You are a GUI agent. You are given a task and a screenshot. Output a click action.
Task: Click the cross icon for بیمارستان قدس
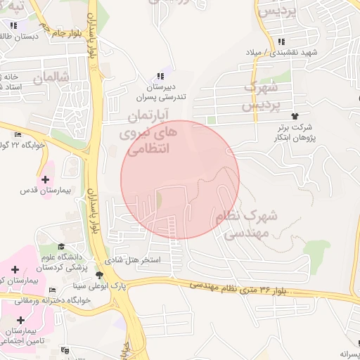point(46,179)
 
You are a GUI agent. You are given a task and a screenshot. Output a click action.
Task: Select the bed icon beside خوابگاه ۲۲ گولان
point(18,134)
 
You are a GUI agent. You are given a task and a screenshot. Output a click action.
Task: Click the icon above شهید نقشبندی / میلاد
point(282,41)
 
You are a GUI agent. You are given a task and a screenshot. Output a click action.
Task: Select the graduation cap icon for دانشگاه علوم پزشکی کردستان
point(61,247)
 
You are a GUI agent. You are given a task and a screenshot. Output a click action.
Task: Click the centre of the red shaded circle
point(180,179)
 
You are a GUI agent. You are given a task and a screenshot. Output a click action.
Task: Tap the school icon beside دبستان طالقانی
point(13,25)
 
